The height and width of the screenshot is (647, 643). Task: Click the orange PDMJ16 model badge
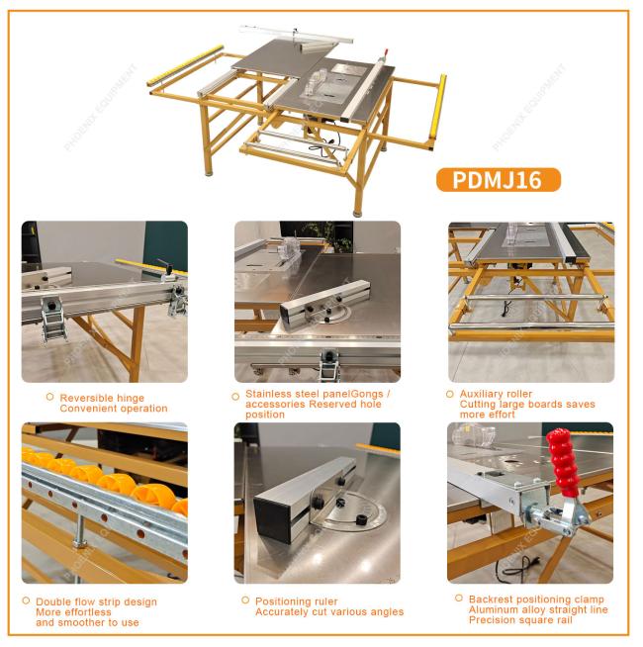499,180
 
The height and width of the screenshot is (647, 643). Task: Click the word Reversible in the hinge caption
85,398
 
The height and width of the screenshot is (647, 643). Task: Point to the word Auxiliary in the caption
481,394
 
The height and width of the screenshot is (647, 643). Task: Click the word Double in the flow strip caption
50,601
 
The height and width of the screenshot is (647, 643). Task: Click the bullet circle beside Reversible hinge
49,397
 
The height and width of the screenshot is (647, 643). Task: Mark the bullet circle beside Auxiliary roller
450,394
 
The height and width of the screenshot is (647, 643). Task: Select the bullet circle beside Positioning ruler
245,600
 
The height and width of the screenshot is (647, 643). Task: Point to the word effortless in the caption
87,612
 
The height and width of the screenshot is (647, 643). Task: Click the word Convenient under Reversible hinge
86,409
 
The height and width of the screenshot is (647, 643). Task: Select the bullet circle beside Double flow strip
26,601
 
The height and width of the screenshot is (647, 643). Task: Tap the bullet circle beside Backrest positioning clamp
459,598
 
